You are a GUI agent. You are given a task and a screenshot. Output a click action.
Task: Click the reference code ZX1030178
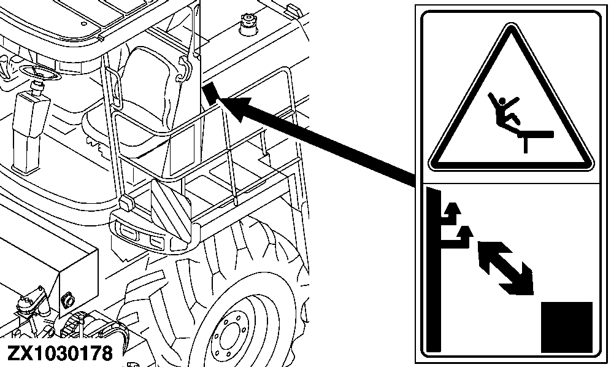(60, 353)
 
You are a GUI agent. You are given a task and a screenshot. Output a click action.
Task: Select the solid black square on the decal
(567, 326)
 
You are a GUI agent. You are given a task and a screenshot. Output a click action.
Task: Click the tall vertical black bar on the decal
(434, 270)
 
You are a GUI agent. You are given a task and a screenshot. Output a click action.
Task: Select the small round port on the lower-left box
(67, 300)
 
